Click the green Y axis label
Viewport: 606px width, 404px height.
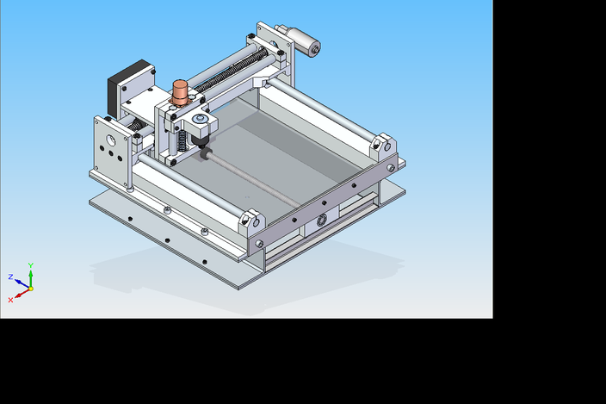click(31, 265)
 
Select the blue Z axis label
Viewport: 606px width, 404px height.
click(10, 277)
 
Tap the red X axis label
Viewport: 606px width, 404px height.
click(10, 300)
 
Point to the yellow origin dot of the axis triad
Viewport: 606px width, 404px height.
click(30, 289)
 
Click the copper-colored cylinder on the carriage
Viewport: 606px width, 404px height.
click(181, 90)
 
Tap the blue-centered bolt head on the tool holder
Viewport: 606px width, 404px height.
click(200, 119)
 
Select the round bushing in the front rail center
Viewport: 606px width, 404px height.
click(322, 220)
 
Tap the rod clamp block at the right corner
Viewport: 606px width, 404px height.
click(384, 146)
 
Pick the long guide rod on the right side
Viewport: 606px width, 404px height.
click(327, 112)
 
